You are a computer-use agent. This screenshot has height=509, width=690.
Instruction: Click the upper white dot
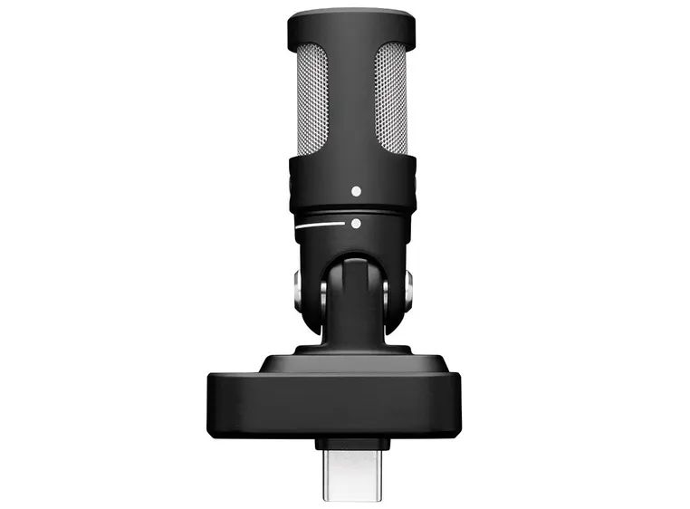356,191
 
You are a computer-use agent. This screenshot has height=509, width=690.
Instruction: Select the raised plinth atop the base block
353,362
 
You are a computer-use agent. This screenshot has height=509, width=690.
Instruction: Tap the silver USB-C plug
352,467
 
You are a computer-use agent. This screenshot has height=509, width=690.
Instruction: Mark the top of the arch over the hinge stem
353,256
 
